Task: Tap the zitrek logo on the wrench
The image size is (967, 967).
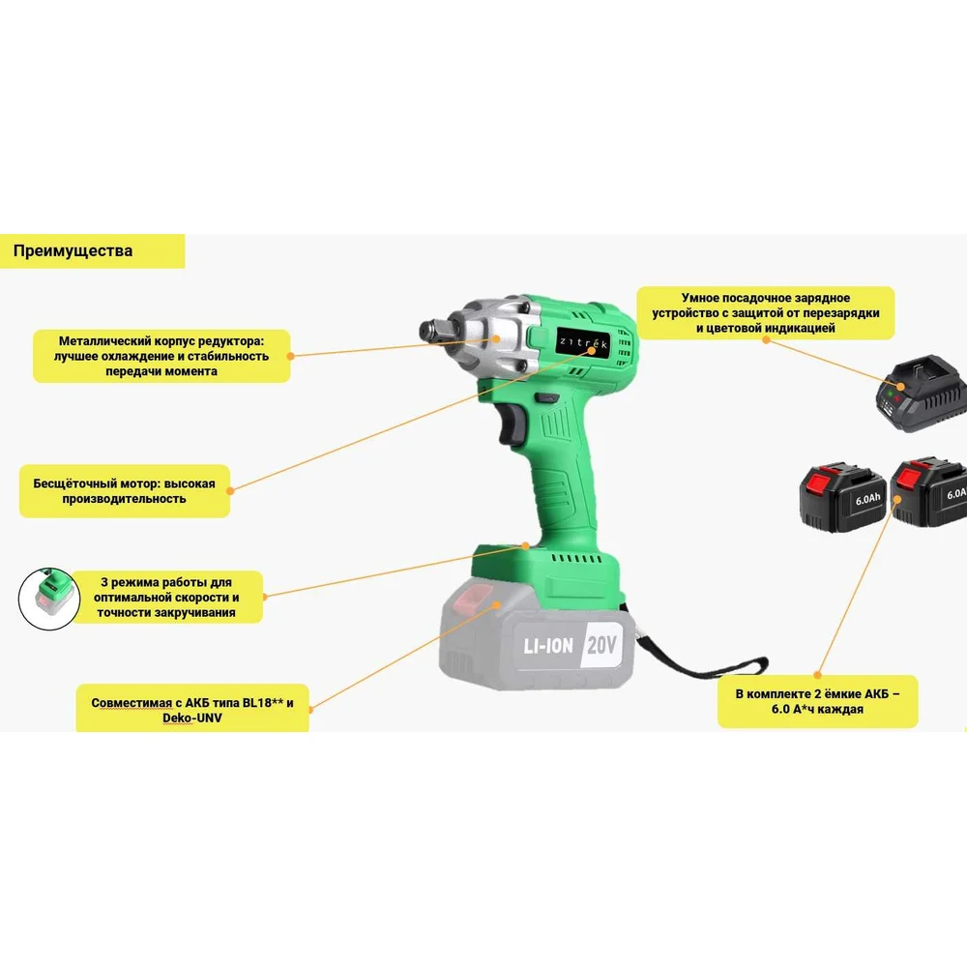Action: pyautogui.click(x=583, y=343)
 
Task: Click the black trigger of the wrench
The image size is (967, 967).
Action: pyautogui.click(x=512, y=424)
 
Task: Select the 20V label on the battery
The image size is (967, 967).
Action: pyautogui.click(x=601, y=644)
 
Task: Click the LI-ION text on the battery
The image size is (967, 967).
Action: pyautogui.click(x=548, y=646)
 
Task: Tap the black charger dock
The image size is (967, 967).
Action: pyautogui.click(x=922, y=394)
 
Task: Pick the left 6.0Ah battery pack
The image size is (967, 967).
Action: pyautogui.click(x=842, y=497)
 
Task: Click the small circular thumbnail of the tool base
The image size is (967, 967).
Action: pyautogui.click(x=49, y=599)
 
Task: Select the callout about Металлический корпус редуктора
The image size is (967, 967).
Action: pyautogui.click(x=161, y=356)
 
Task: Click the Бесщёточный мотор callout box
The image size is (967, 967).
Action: pyautogui.click(x=125, y=491)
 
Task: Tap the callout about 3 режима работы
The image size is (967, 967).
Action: pyautogui.click(x=166, y=597)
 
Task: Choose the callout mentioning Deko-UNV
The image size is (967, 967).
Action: pyautogui.click(x=192, y=709)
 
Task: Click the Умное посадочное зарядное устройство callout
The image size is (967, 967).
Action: pyautogui.click(x=765, y=312)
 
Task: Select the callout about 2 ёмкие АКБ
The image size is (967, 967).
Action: pyautogui.click(x=817, y=701)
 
